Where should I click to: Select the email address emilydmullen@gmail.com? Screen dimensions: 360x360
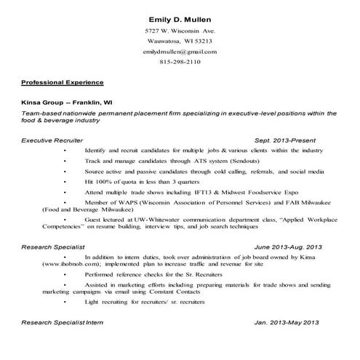coord(180,52)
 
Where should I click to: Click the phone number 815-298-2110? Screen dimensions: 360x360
coord(180,63)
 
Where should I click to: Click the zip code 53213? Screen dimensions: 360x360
coord(202,41)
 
